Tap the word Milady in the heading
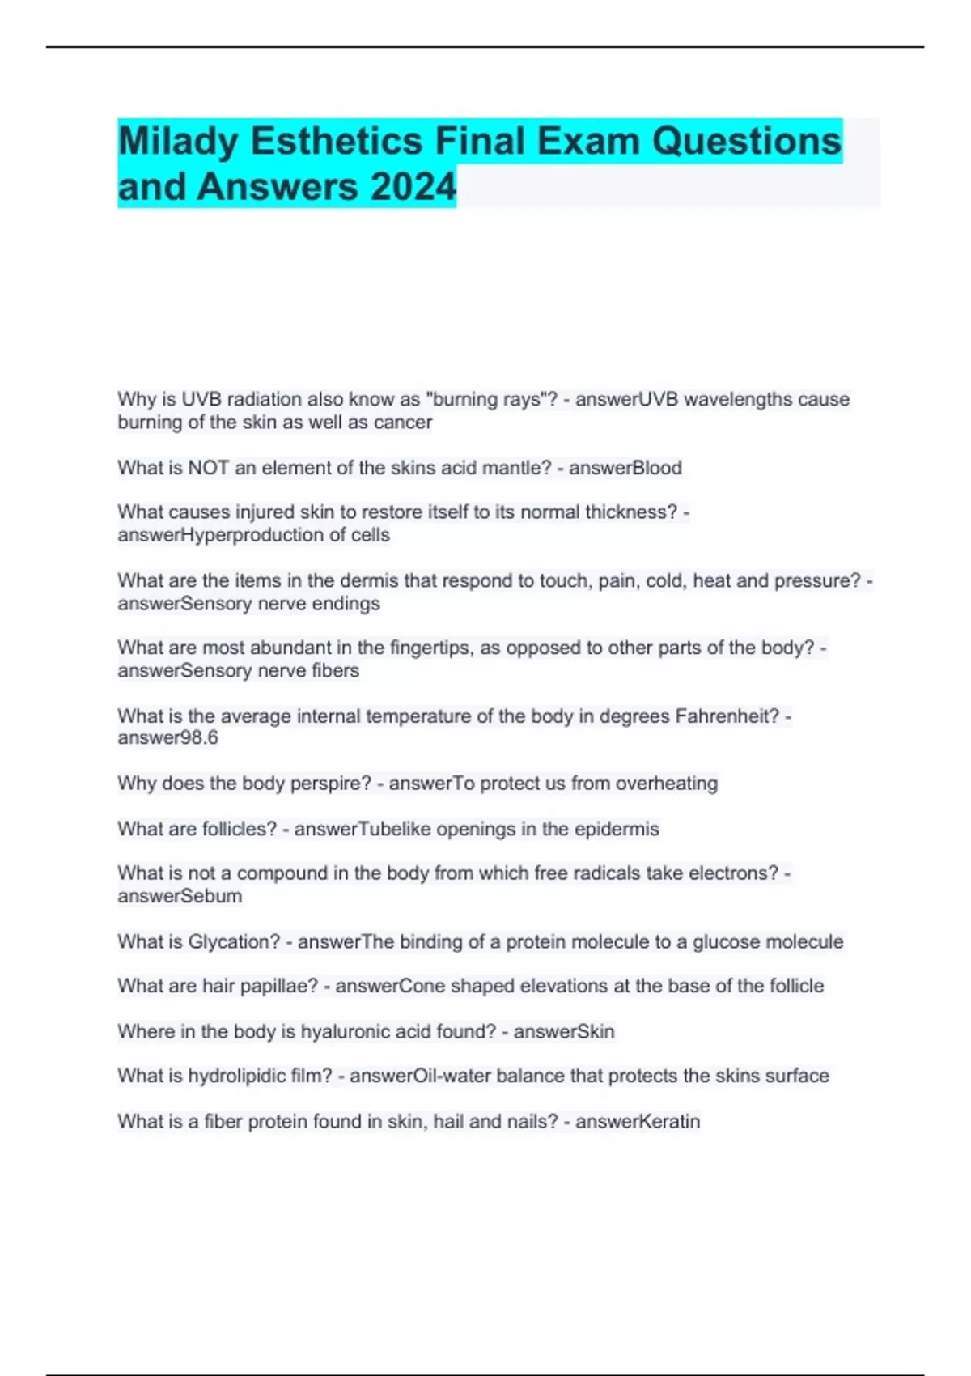(178, 142)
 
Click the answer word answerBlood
(625, 468)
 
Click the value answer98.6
(167, 737)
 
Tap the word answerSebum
(180, 896)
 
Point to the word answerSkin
(564, 1031)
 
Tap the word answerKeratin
(638, 1121)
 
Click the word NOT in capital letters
(209, 468)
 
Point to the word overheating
(667, 784)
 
